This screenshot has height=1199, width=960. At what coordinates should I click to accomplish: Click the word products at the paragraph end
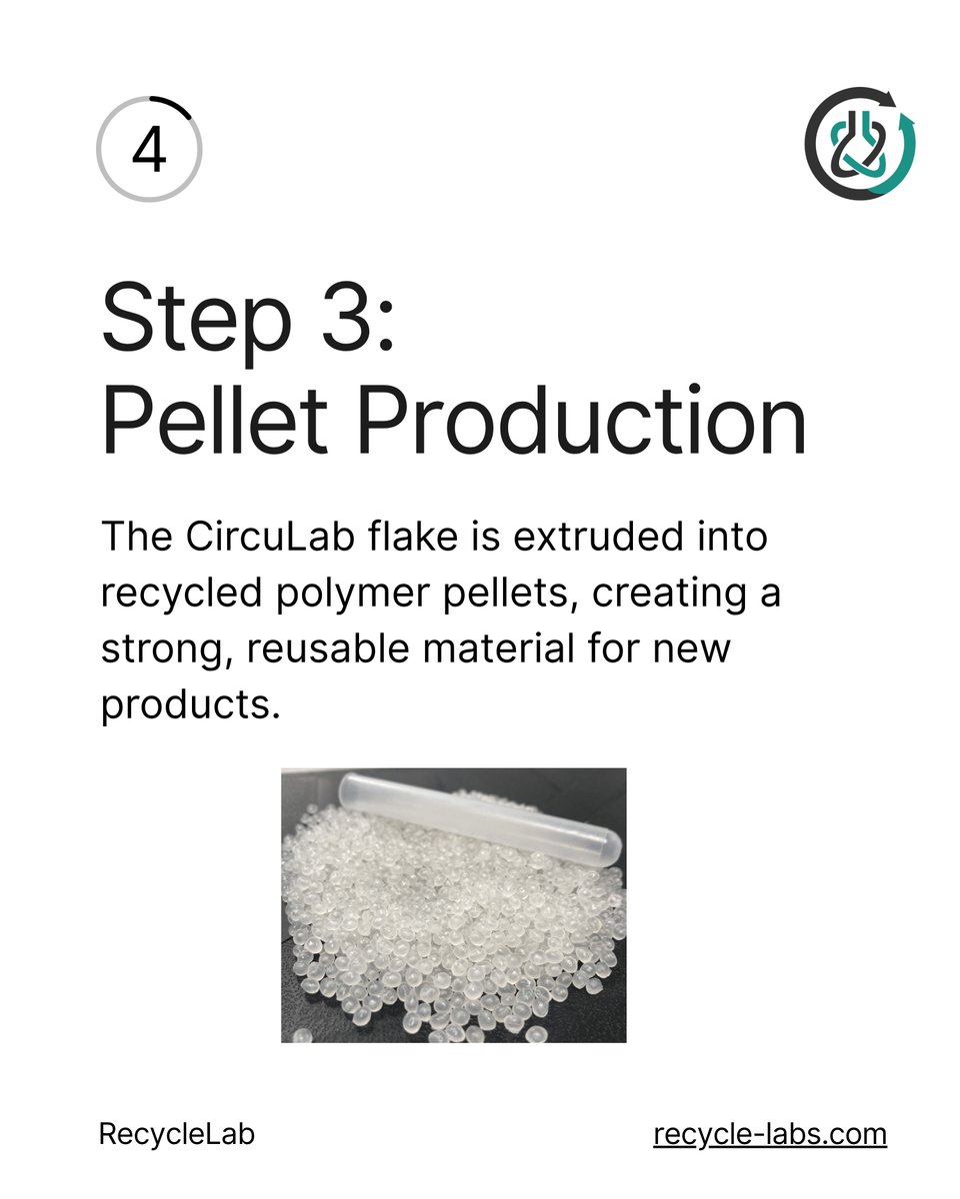pos(186,706)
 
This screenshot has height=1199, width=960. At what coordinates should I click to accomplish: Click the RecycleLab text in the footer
pos(176,1135)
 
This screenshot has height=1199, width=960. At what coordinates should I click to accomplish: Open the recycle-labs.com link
pos(770,1135)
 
